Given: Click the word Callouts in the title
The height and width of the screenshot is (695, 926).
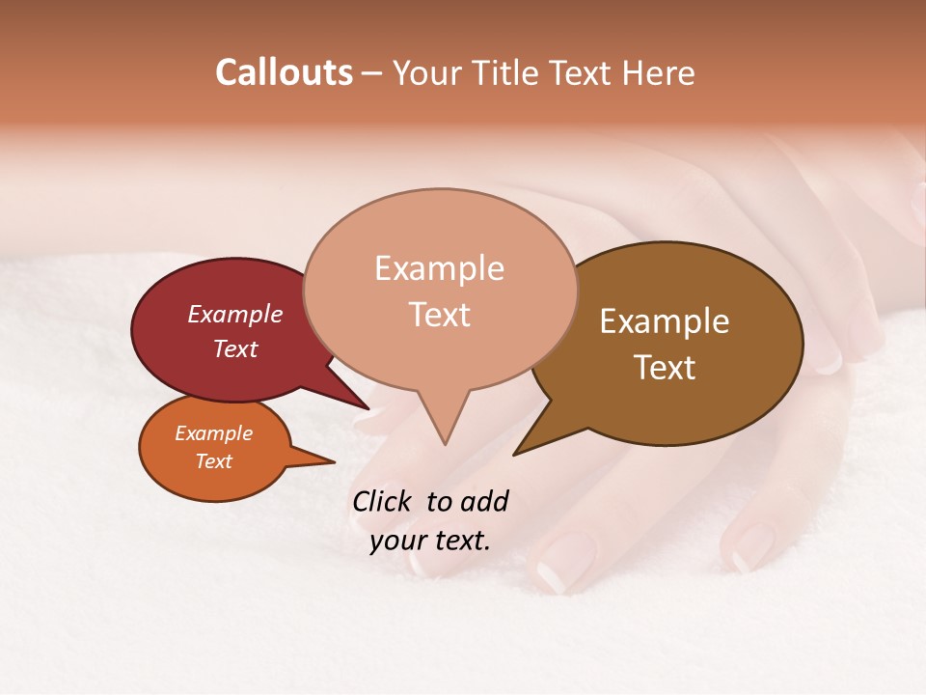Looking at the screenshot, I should pyautogui.click(x=284, y=72).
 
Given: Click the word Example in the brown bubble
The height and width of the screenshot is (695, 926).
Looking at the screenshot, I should pyautogui.click(x=665, y=321).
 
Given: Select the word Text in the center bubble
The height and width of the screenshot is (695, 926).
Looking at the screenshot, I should pyautogui.click(x=439, y=315).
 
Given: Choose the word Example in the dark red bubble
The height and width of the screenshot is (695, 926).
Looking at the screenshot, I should pyautogui.click(x=235, y=314).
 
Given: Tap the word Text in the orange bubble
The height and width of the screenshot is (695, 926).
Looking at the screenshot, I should pyautogui.click(x=214, y=461).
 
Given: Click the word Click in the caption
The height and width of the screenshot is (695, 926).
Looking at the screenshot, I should pyautogui.click(x=382, y=501).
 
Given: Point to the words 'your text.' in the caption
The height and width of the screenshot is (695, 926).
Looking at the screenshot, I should pyautogui.click(x=430, y=541).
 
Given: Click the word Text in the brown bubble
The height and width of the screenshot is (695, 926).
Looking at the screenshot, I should pyautogui.click(x=665, y=368).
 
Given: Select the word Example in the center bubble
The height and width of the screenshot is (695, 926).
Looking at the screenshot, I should pyautogui.click(x=439, y=268).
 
